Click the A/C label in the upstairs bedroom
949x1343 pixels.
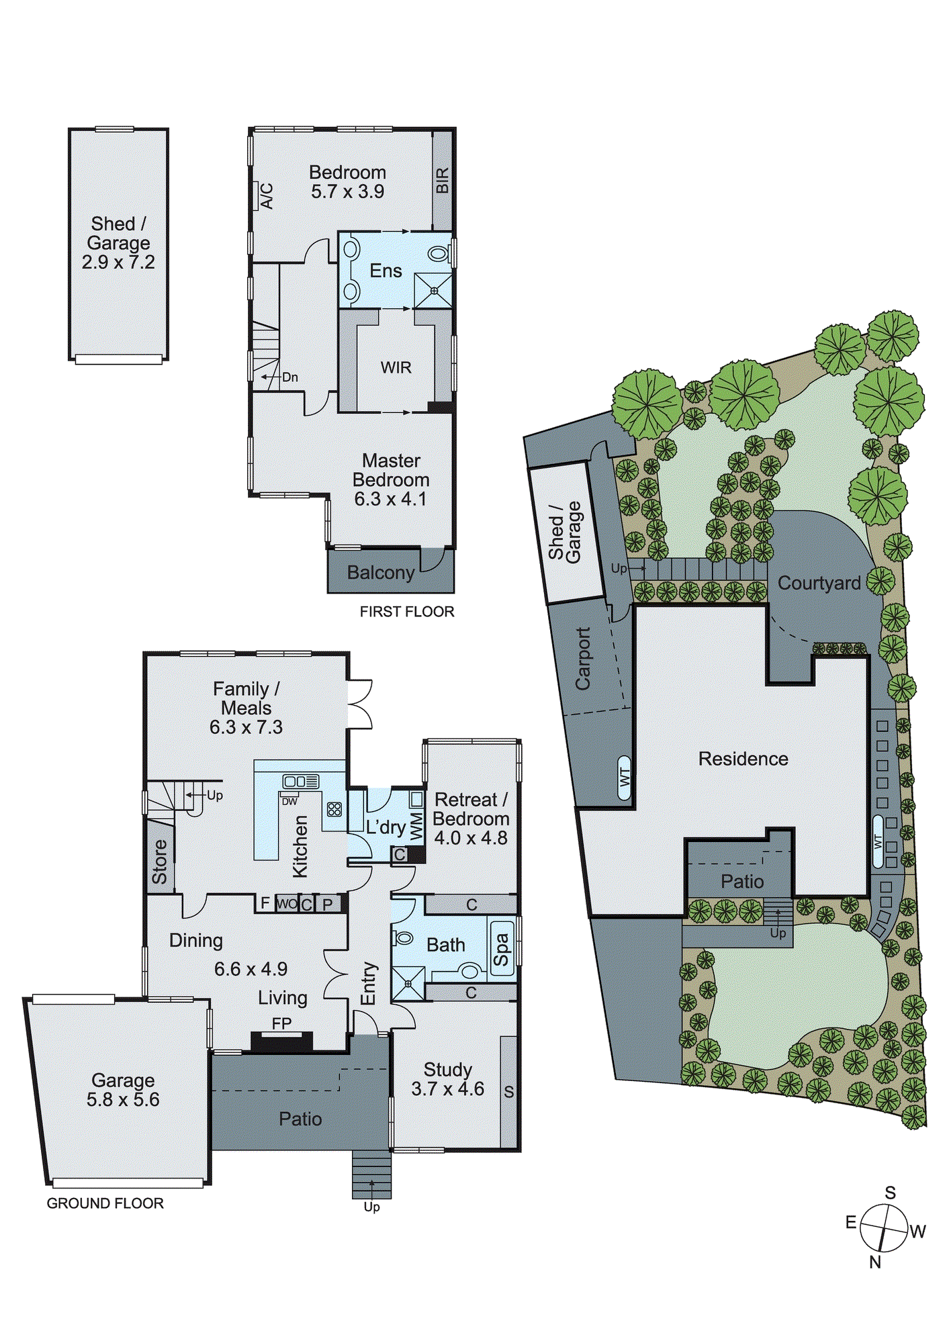coord(267,196)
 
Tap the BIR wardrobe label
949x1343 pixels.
coord(442,181)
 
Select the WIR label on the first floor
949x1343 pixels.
coord(396,368)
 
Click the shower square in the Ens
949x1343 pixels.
coord(433,291)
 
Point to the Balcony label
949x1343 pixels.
coord(380,573)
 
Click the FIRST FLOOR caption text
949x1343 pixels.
coord(407,612)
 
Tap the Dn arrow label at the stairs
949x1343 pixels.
coord(289,377)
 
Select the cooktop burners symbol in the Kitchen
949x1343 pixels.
coord(334,809)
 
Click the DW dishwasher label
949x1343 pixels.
coord(289,802)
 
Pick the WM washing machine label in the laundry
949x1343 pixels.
coord(416,827)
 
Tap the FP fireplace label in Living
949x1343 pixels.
coord(281,1023)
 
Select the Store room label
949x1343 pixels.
coord(160,862)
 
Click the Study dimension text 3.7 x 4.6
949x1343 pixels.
coord(447,1089)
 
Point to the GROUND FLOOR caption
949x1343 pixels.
coord(105,1203)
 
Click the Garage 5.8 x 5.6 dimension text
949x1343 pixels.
coord(123,1099)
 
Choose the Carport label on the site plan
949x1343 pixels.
coord(583,658)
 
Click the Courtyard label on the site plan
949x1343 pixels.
coord(819,583)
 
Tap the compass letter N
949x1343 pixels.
coord(874,1262)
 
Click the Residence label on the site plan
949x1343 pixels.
coord(743,759)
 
